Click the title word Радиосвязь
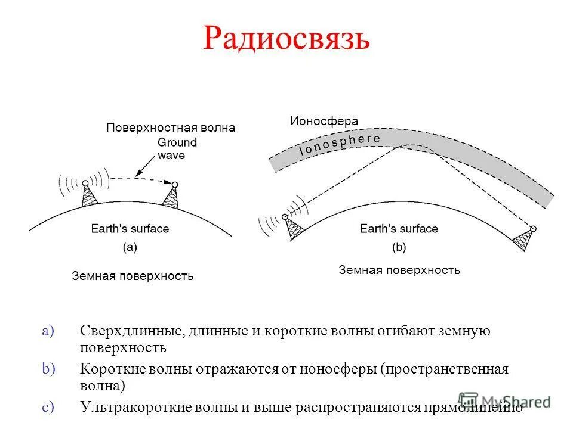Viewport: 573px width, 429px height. pos(286,40)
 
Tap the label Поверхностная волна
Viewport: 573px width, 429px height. pos(171,128)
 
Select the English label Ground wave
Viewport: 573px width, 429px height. pos(177,149)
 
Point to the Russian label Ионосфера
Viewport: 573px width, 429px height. pos(324,121)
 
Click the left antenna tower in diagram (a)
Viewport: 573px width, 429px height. pos(88,195)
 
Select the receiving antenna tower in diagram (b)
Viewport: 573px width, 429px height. pos(524,239)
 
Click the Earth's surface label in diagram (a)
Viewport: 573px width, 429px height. pos(130,229)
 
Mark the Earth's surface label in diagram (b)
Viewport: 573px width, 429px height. pos(399,229)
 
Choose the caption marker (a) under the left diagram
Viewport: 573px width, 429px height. pos(130,247)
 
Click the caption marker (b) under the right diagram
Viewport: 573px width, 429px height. pos(399,247)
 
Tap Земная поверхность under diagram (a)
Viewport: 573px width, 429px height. pos(133,276)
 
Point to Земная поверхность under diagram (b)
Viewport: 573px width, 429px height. pos(399,270)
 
